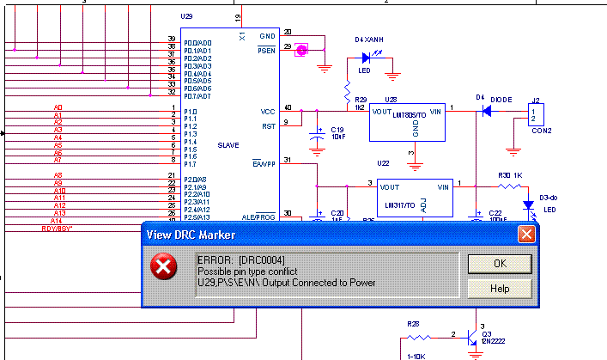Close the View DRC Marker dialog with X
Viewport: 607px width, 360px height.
point(525,235)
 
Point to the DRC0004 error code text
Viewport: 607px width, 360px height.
point(260,259)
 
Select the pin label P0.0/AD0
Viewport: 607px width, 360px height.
point(197,43)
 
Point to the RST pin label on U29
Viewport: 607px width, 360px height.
point(268,126)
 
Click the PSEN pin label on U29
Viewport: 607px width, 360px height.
point(266,51)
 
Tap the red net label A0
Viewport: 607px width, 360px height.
point(58,107)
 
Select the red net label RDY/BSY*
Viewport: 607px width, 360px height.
point(58,229)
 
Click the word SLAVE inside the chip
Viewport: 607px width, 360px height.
point(228,144)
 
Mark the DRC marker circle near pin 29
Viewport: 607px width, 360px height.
point(301,49)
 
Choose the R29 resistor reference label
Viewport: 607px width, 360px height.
point(361,100)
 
